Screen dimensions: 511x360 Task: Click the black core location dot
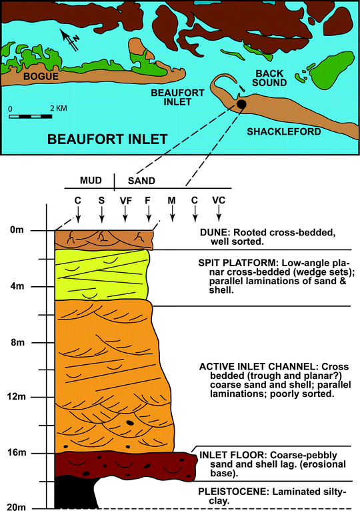pos(241,105)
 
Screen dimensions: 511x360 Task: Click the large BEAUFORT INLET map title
pos(107,139)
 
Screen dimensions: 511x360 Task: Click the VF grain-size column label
pos(125,199)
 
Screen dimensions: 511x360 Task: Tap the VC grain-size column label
pos(219,199)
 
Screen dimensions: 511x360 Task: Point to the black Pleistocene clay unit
pos(67,494)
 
